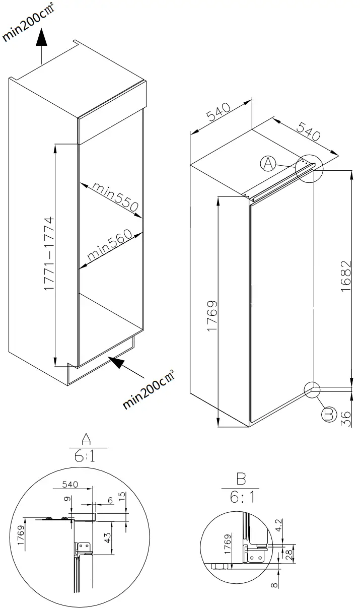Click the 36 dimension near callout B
[345, 419]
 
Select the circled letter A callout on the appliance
[268, 163]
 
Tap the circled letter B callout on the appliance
[328, 414]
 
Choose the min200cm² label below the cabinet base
[149, 390]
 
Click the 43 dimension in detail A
[107, 537]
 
